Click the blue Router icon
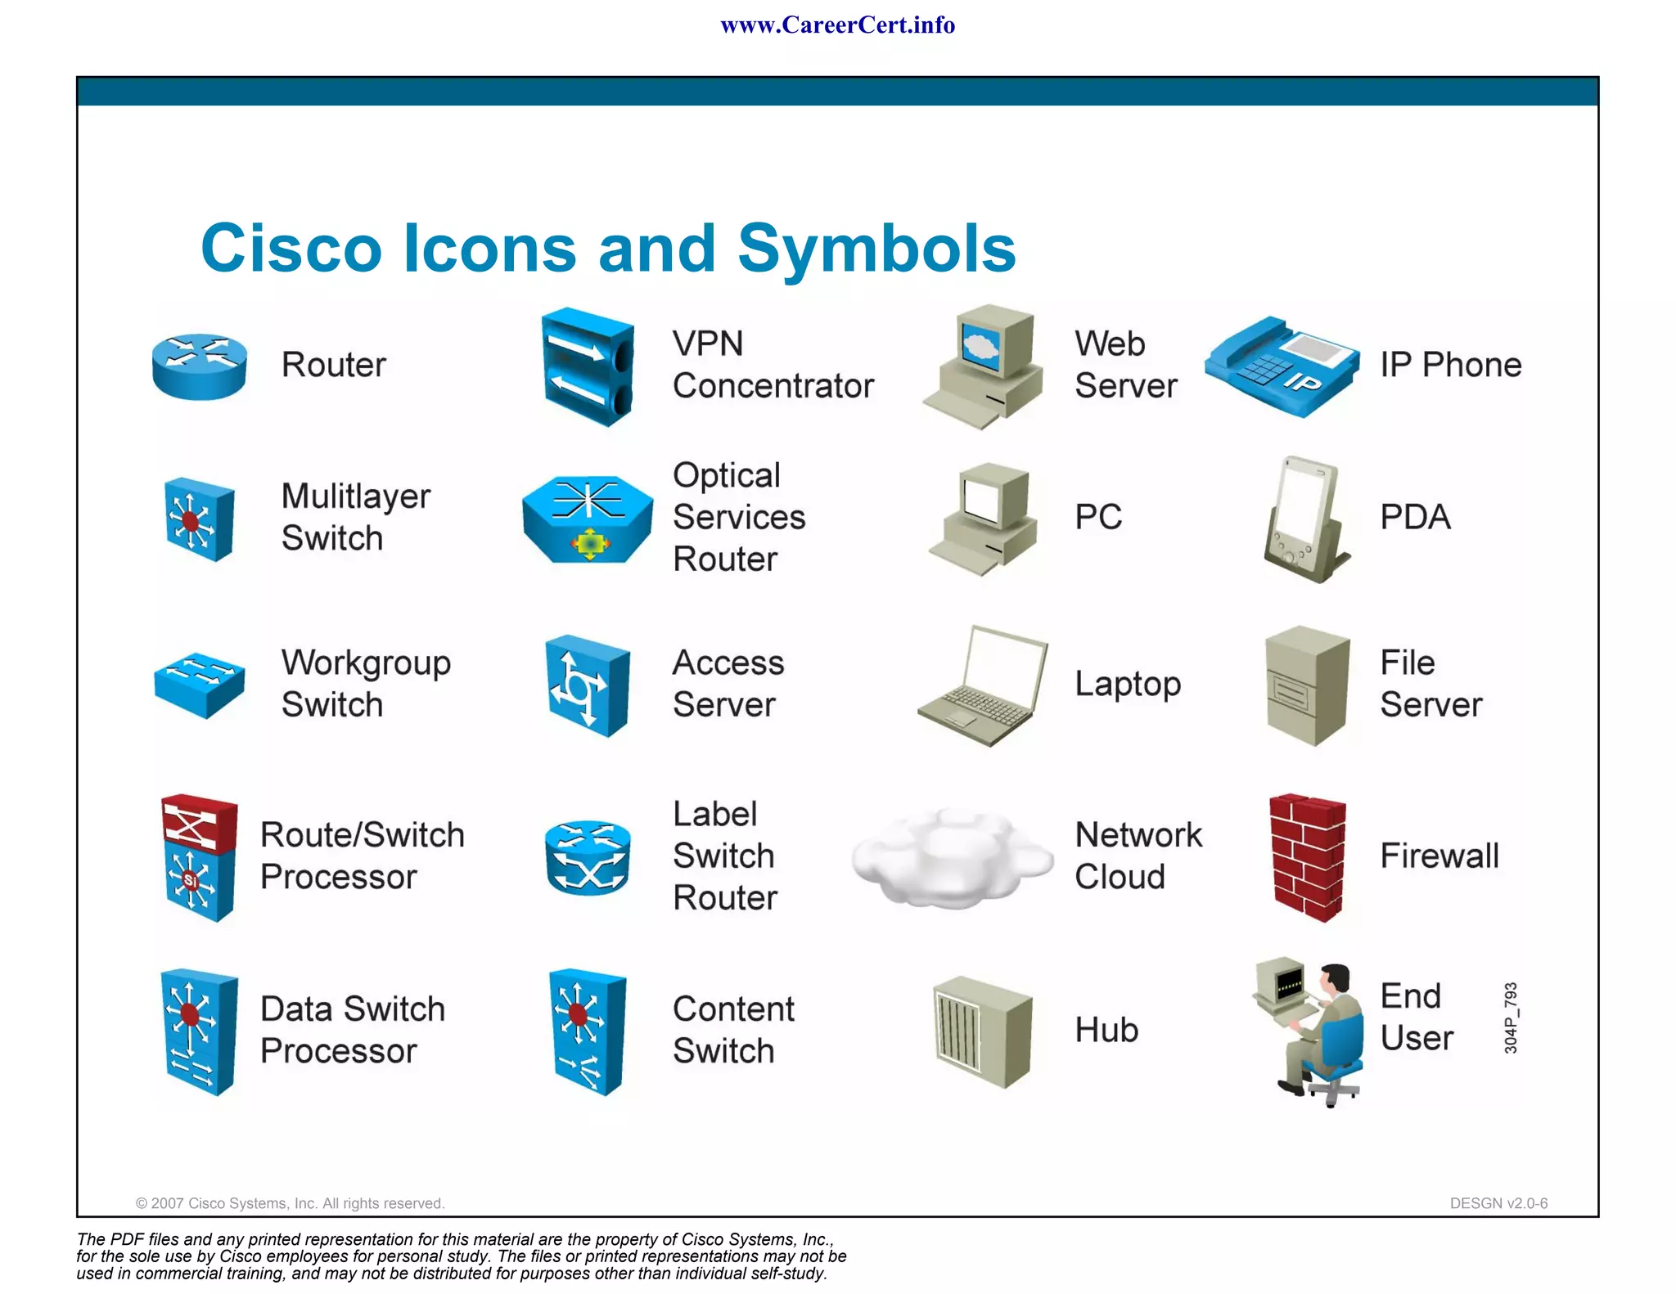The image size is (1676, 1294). [199, 366]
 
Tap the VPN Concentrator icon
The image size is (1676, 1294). [587, 366]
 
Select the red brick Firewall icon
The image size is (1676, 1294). [1307, 856]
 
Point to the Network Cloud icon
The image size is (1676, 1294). [951, 858]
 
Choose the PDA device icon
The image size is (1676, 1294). [1304, 519]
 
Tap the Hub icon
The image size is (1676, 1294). [982, 1031]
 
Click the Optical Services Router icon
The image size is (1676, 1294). [588, 519]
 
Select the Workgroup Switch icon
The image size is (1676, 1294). [199, 684]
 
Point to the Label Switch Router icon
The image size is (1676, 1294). [588, 856]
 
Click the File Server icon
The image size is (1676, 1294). [1306, 685]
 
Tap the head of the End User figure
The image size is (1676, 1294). [1336, 977]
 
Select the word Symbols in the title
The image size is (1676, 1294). [876, 249]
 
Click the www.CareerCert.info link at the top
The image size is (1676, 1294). [837, 25]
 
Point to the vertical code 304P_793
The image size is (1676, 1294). [1511, 1018]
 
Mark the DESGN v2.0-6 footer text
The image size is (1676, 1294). [1498, 1203]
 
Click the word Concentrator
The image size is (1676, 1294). [773, 386]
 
